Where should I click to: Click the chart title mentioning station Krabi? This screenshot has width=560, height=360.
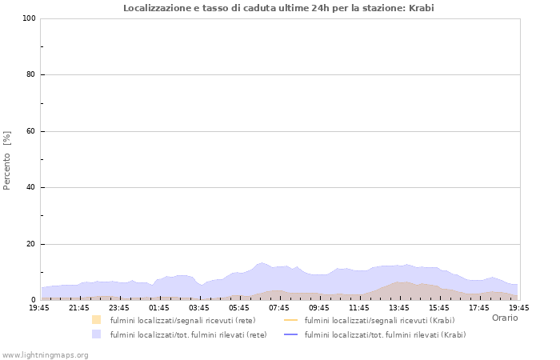point(279,8)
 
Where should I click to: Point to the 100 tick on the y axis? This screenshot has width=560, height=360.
point(29,18)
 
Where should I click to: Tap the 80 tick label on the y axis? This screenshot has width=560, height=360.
point(30,75)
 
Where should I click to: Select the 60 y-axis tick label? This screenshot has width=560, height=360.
point(30,131)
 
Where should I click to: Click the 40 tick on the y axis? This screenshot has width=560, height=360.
point(30,188)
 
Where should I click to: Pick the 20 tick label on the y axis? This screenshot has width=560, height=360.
point(30,244)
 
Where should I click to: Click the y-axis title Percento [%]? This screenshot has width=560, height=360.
point(7,160)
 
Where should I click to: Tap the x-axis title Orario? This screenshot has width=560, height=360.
point(504,318)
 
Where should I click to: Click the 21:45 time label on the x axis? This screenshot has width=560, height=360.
point(79,307)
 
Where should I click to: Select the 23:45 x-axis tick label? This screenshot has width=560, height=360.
point(119,307)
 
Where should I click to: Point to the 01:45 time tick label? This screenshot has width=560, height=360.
point(159,307)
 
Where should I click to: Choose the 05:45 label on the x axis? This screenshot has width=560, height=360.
point(239,307)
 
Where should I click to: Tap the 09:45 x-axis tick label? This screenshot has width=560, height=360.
point(319,307)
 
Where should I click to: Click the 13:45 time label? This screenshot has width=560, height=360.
point(399,307)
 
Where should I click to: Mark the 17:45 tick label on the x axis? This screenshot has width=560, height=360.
point(479,307)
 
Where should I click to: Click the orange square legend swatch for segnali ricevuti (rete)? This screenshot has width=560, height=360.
point(97,320)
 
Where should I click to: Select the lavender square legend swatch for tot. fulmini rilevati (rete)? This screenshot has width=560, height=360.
point(97,334)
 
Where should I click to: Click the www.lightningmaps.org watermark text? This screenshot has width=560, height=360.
point(46,354)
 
